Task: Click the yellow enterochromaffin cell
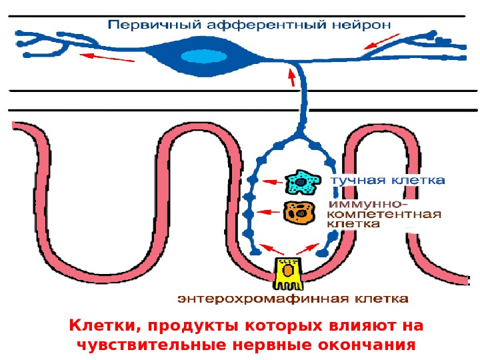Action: tap(287, 272)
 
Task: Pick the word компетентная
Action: tap(386, 214)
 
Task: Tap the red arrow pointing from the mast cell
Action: tap(271, 181)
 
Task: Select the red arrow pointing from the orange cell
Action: tap(269, 212)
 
